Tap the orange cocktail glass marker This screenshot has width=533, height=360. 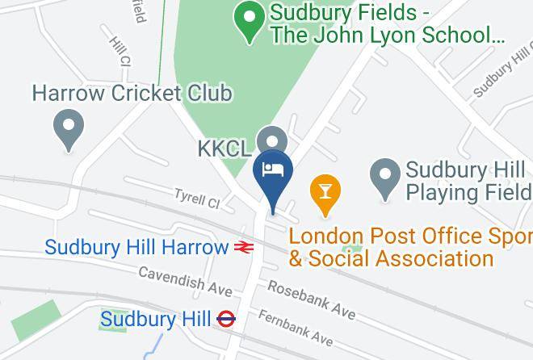click(x=325, y=193)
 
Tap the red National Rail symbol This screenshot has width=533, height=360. click(x=245, y=248)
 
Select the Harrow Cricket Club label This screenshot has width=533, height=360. click(x=132, y=94)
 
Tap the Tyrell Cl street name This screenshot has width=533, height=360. click(x=197, y=198)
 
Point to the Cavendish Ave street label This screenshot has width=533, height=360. click(x=185, y=282)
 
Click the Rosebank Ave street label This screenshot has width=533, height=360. click(x=311, y=298)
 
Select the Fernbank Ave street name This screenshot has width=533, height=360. click(x=296, y=327)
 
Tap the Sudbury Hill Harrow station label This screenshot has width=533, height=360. click(x=136, y=247)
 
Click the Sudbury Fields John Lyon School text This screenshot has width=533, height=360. click(x=388, y=24)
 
